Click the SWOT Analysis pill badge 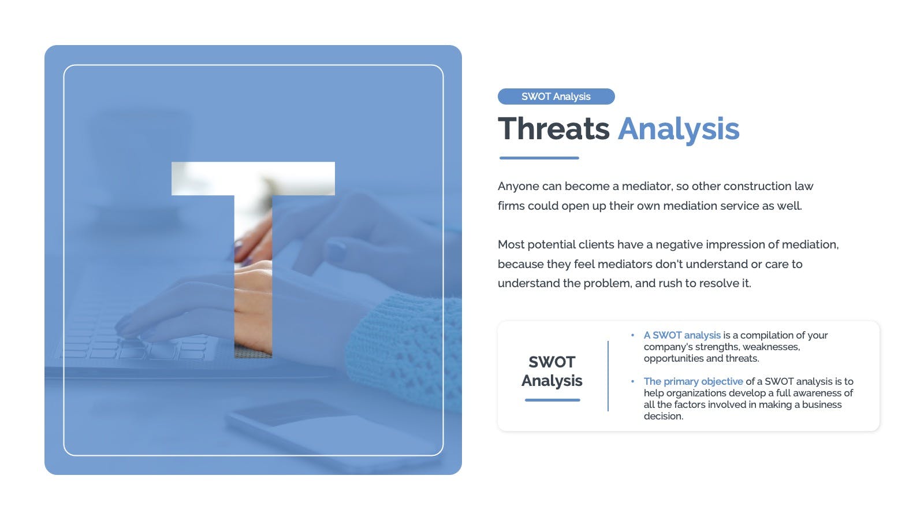click(556, 96)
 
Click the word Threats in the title click(553, 128)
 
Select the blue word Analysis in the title click(679, 130)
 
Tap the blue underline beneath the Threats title click(539, 158)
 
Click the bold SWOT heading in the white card click(552, 362)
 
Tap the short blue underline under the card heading click(552, 400)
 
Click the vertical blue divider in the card click(608, 376)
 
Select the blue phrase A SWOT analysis click(682, 336)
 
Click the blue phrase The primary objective click(694, 382)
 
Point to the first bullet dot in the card click(632, 335)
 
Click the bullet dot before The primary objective click(632, 381)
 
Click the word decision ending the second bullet click(664, 417)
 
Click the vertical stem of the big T click(254, 277)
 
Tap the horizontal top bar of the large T click(254, 179)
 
